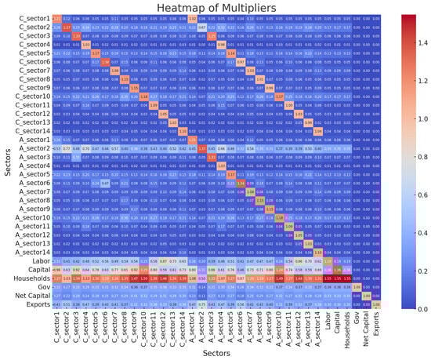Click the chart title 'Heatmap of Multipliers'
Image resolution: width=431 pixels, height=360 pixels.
[215, 7]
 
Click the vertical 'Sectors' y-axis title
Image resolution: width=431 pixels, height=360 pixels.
[6, 161]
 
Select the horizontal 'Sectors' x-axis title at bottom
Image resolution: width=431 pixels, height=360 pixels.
[215, 353]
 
